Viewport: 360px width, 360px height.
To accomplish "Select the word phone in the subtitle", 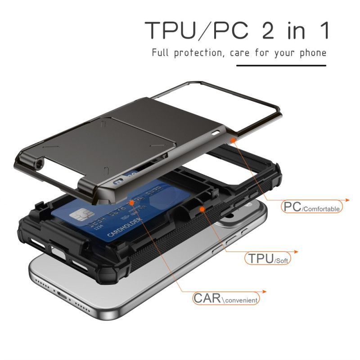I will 313,53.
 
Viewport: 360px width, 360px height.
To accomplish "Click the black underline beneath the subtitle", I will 281,66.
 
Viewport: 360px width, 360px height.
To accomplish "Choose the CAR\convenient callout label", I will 226,298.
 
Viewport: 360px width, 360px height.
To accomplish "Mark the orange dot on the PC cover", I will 233,141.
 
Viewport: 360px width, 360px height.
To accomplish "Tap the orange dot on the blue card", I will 131,203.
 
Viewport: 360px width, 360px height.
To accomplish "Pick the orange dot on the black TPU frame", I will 202,209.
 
